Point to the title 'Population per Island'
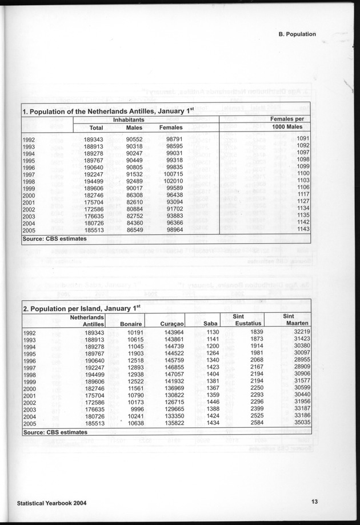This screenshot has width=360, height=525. (x=82, y=308)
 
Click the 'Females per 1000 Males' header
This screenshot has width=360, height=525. (x=290, y=122)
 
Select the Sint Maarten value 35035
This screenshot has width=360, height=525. (x=299, y=423)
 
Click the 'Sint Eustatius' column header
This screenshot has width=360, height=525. (x=243, y=320)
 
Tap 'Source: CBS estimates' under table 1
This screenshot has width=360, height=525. (x=54, y=238)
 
